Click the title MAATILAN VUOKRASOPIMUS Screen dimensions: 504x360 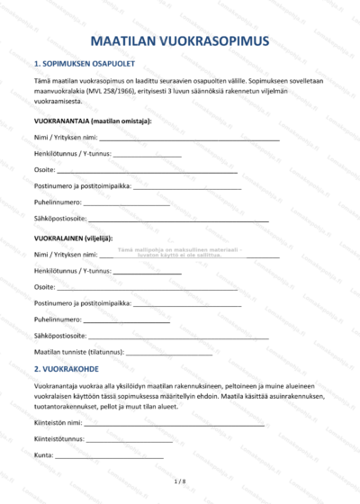[180, 41]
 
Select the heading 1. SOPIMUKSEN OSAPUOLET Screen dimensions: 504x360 [85, 65]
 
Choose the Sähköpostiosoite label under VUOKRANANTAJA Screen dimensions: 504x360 [60, 219]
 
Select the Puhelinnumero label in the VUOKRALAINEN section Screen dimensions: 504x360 [58, 319]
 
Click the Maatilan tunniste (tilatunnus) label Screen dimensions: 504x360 [78, 351]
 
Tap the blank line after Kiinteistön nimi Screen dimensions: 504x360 [175, 422]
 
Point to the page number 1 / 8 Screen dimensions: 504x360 [179, 482]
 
